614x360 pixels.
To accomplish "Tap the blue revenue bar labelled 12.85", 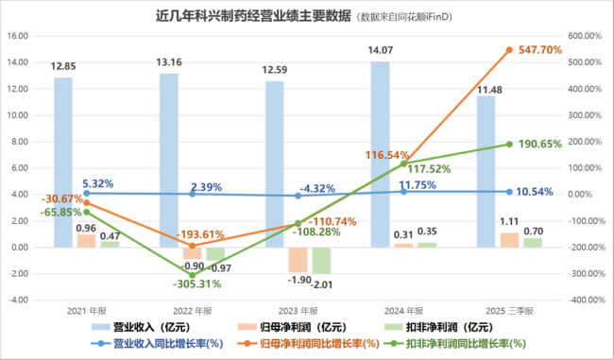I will tap(62, 161).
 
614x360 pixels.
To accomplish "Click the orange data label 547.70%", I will tap(540, 49).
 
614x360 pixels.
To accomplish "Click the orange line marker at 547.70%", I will tap(509, 50).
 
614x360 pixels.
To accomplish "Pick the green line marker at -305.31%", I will tap(193, 275).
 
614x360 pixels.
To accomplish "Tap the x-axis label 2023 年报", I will tap(298, 311).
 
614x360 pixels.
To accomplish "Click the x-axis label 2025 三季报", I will tap(510, 311).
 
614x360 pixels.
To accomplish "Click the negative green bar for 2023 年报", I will tap(321, 261).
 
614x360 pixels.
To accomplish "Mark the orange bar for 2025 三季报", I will tap(509, 240).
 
